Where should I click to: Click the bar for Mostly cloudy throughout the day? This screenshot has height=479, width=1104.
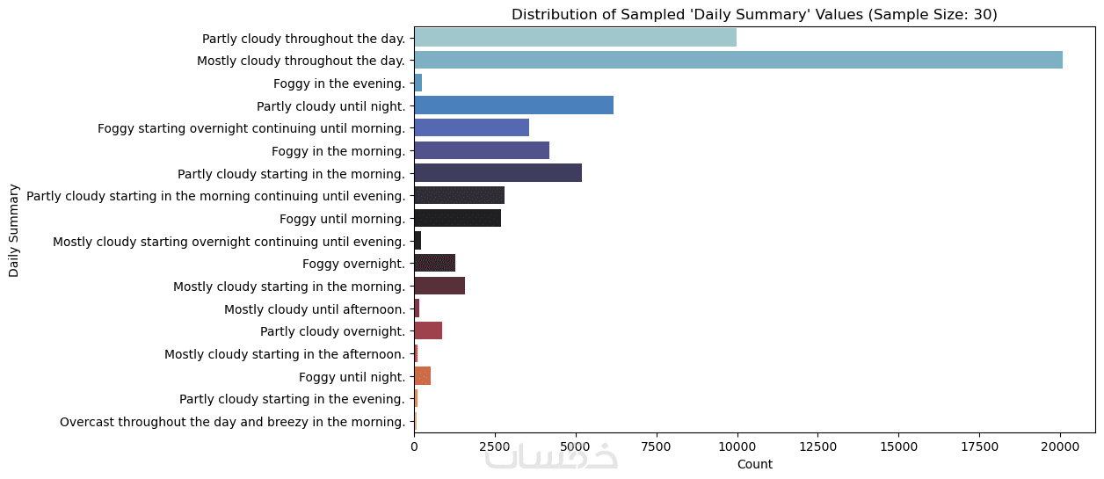tap(737, 60)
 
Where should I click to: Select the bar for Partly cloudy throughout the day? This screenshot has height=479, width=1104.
tap(575, 38)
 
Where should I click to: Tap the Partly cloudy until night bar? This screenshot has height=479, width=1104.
tap(513, 105)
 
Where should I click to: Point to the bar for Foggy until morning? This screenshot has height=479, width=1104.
tap(457, 218)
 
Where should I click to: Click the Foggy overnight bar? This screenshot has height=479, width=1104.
tap(434, 263)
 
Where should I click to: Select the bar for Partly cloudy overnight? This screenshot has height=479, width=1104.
tap(428, 330)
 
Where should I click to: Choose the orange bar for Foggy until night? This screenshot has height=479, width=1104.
tap(422, 376)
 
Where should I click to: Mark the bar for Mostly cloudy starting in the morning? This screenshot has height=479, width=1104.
tap(439, 286)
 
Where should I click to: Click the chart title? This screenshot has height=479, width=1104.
tap(754, 14)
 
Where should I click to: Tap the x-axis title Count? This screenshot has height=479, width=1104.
tap(754, 464)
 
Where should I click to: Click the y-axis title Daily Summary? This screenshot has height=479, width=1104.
tap(14, 230)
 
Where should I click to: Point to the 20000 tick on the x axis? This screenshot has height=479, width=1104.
tap(1060, 446)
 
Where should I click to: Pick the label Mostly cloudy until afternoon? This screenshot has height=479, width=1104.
tap(314, 308)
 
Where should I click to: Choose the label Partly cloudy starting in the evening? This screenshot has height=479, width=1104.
tap(292, 399)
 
